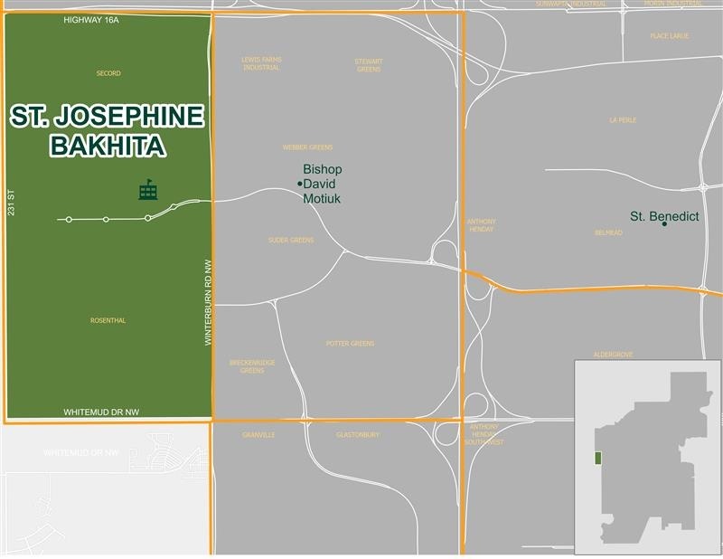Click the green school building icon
point(147,190)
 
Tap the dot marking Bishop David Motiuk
point(299,185)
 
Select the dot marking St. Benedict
point(664,223)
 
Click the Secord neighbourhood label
point(108,73)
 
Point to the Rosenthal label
point(108,320)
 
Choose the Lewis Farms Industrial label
point(261,64)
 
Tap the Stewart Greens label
point(369,65)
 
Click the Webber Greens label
point(308,147)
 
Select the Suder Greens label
point(291,240)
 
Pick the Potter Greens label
point(350,344)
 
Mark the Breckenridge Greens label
point(252,366)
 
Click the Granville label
point(258,435)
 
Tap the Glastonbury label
point(357,435)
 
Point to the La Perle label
point(624,119)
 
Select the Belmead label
point(608,233)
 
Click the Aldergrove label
point(612,355)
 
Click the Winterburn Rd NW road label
point(207,300)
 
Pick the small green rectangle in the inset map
point(596,458)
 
